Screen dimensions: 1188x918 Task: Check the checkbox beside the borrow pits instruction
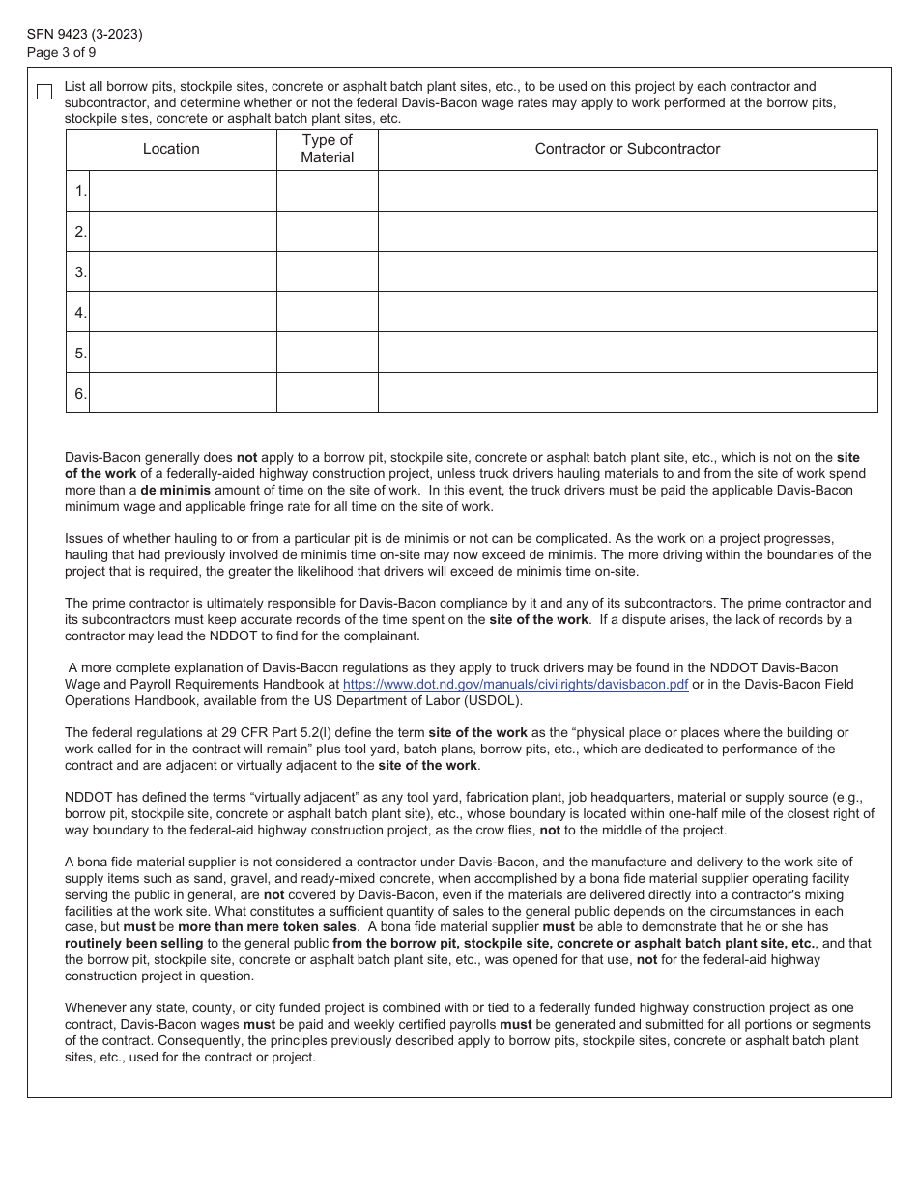tap(44, 92)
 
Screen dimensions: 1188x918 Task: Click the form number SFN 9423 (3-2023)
tap(85, 35)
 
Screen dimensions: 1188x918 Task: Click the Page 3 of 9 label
tap(62, 53)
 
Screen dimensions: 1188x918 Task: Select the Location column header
tap(171, 149)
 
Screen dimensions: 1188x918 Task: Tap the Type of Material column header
tap(327, 149)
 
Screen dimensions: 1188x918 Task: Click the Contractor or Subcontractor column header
tap(627, 149)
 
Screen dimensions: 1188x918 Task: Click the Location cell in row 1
tap(183, 191)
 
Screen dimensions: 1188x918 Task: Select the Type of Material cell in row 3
tap(327, 272)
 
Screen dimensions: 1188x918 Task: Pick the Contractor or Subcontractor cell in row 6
tap(627, 393)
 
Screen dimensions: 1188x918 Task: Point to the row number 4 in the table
tap(80, 313)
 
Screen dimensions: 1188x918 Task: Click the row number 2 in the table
tap(80, 232)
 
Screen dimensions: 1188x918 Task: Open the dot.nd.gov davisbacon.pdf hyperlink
tap(515, 685)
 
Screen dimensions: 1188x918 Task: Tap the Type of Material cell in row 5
tap(327, 354)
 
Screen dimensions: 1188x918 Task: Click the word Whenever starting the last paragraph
tap(97, 1008)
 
